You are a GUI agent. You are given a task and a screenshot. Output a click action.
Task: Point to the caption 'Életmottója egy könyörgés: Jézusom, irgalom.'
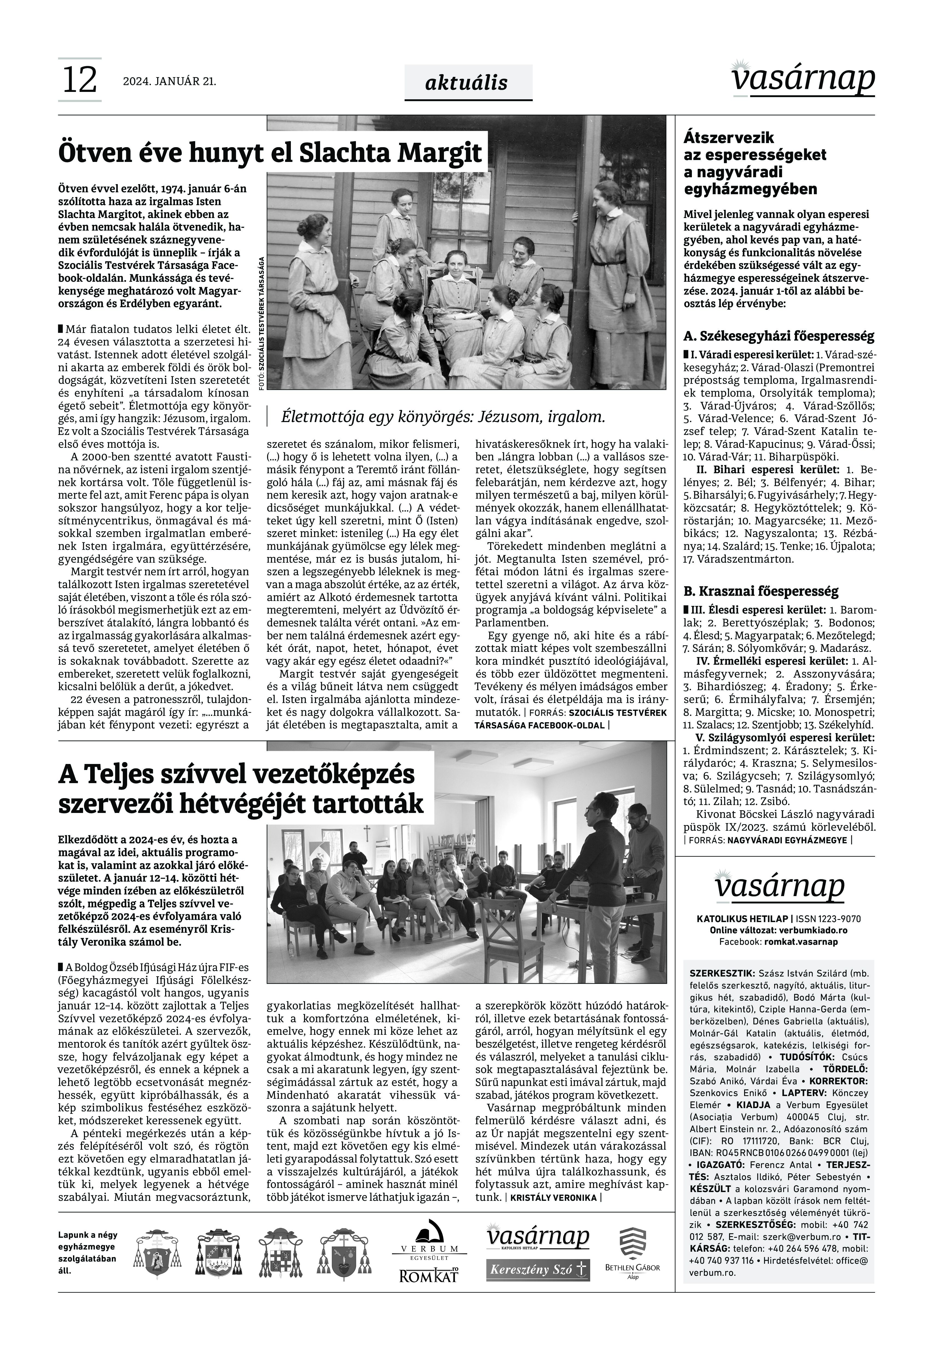pos(443,417)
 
